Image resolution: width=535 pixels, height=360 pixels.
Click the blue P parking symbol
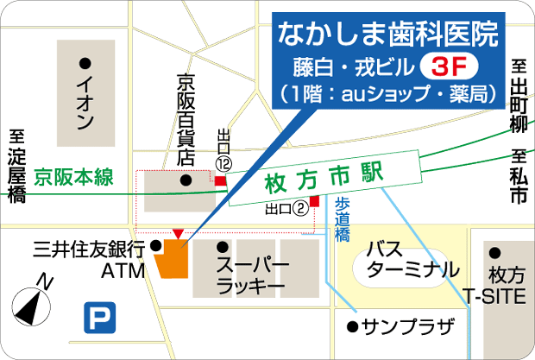98,318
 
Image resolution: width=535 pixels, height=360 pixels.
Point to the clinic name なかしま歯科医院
387,35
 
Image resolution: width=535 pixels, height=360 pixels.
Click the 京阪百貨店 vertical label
185,120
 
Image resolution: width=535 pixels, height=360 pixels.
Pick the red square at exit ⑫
220,181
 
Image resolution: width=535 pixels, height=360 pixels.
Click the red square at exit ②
314,201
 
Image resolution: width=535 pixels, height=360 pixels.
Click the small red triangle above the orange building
178,234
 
